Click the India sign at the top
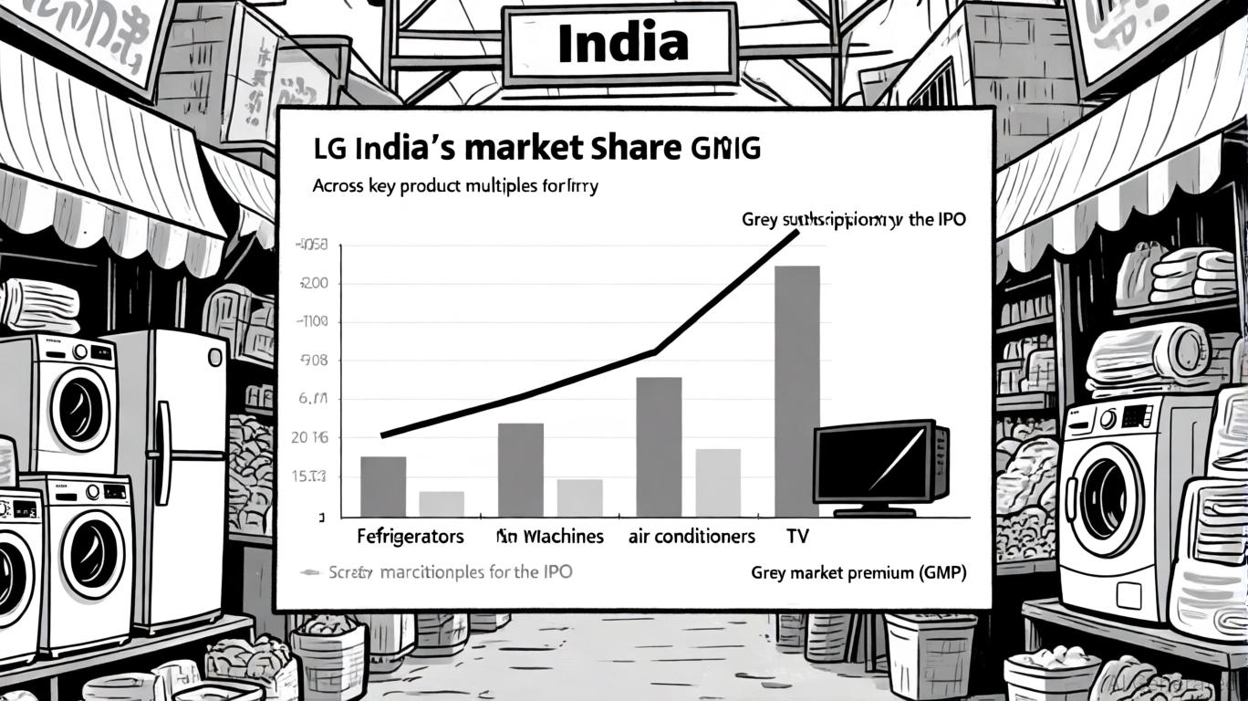click(x=621, y=43)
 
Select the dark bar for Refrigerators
click(x=383, y=486)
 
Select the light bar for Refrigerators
click(x=442, y=503)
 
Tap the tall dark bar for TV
click(x=796, y=391)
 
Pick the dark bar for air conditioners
click(x=659, y=446)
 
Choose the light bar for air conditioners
click(x=718, y=482)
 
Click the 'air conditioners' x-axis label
click(x=692, y=536)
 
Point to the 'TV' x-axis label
click(x=796, y=536)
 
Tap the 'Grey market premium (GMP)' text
click(x=858, y=573)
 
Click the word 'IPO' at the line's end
click(x=948, y=220)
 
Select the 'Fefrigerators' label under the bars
click(x=410, y=536)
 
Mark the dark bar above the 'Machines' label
click(x=520, y=469)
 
